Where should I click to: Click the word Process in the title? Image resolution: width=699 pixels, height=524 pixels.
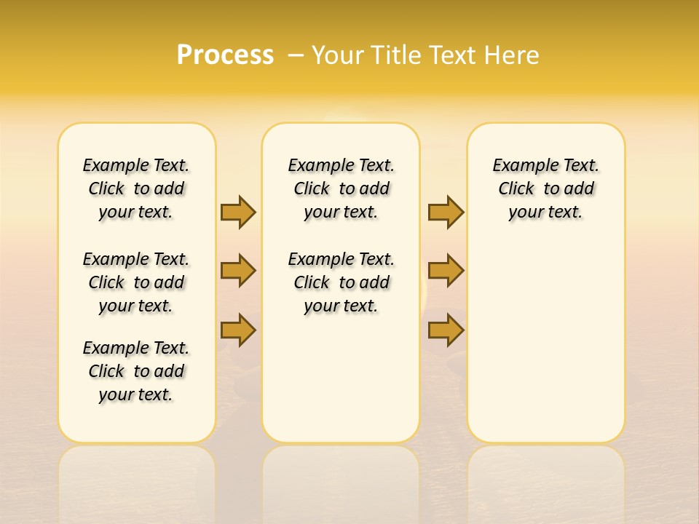coord(225,55)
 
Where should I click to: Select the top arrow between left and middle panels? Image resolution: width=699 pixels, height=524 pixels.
coord(238,212)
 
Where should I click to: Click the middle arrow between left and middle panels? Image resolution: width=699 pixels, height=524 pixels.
coord(238,271)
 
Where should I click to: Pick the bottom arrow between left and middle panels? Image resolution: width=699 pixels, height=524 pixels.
coord(238,330)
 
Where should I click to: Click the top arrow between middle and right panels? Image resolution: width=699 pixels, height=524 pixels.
coord(446,212)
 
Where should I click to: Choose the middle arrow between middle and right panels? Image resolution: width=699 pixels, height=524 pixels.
coord(446,271)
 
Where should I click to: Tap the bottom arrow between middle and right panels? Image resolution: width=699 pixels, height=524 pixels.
coord(446,330)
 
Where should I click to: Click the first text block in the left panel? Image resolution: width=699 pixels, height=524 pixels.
coord(136,188)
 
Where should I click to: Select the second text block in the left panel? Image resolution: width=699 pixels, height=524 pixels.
coord(136,282)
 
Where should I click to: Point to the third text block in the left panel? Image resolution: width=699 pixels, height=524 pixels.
coord(136,371)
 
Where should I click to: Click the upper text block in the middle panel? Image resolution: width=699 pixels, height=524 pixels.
coord(341,188)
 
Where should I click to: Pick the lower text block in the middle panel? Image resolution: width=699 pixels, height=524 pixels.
coord(341,282)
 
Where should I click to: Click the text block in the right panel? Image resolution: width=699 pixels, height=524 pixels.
coord(546,188)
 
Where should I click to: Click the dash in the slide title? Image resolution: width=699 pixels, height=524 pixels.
coord(296,55)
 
